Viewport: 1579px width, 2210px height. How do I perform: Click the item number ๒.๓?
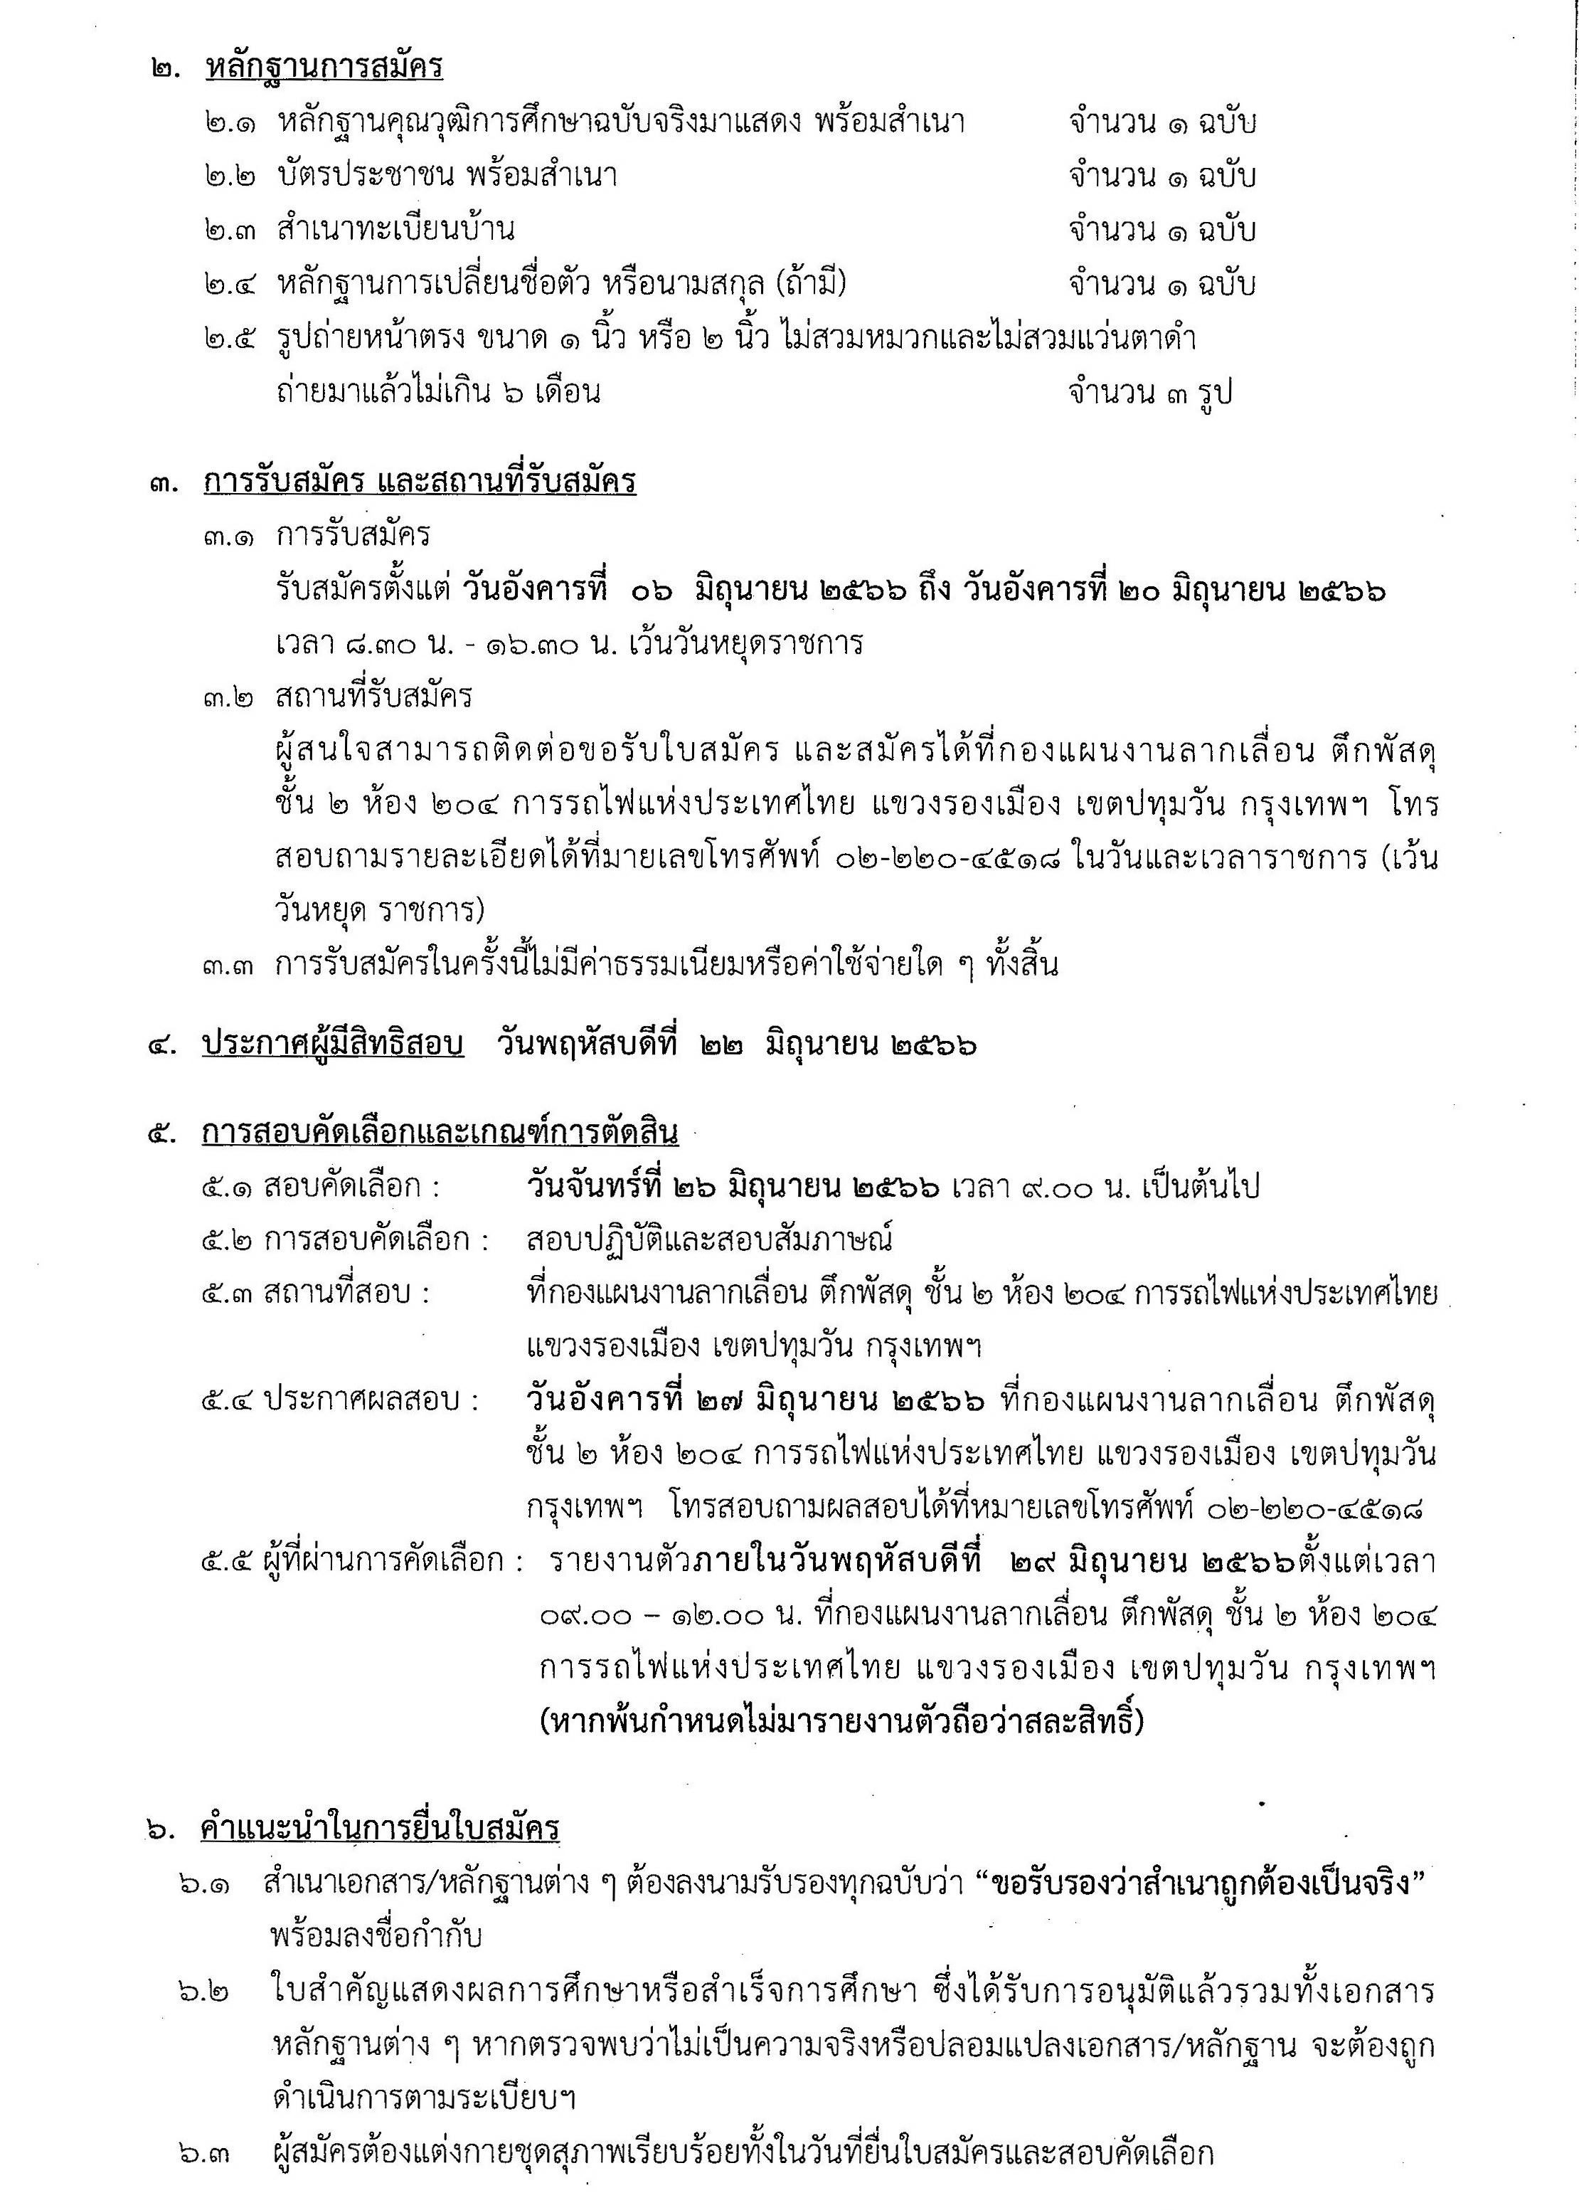[x=230, y=231]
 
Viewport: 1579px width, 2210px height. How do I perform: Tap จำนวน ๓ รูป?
[x=1150, y=393]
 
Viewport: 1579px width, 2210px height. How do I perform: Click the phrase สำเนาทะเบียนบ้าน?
[x=395, y=231]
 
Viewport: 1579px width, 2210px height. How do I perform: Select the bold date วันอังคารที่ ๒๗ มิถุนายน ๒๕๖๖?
[x=755, y=1401]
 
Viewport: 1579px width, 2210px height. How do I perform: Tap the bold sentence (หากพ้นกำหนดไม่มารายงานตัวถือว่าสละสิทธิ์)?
[x=842, y=1723]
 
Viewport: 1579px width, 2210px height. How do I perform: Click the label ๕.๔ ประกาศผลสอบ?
[x=340, y=1401]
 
